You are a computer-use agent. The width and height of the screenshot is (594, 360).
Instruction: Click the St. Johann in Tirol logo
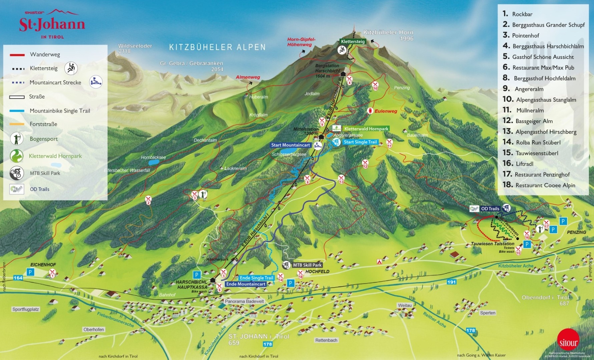[x=52, y=24]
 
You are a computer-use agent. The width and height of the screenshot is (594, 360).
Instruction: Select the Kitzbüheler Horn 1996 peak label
[x=388, y=35]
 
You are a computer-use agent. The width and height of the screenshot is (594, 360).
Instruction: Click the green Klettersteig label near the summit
[x=353, y=41]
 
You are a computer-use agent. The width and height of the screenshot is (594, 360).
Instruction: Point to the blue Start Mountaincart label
[x=290, y=145]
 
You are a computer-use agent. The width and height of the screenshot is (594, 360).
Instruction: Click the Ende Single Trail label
[x=256, y=278]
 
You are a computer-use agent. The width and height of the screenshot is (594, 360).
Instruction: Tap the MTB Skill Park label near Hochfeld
[x=307, y=265]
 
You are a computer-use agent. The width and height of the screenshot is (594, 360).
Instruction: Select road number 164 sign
[x=18, y=278]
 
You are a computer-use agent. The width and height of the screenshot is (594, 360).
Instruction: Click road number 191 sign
[x=451, y=282]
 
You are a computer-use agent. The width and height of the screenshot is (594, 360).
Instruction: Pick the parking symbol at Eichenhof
[x=30, y=272]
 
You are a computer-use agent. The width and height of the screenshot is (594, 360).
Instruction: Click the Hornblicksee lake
[x=154, y=162]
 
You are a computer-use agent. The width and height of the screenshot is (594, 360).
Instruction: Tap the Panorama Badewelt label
[x=244, y=301]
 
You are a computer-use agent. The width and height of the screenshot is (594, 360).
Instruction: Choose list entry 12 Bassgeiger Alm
[x=534, y=121]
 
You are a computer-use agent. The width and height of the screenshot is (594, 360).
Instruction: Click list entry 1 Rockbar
[x=522, y=14]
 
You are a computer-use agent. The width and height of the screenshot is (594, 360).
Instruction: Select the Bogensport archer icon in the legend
[x=16, y=139]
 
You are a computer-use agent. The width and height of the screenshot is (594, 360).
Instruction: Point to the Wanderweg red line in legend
[x=17, y=55]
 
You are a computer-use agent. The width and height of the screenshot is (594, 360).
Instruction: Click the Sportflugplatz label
[x=26, y=309]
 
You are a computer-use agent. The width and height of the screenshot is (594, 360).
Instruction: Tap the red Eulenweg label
[x=386, y=111]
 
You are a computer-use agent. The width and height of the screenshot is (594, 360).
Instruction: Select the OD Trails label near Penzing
[x=490, y=209]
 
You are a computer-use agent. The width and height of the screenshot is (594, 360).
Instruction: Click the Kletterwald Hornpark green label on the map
[x=366, y=129]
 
